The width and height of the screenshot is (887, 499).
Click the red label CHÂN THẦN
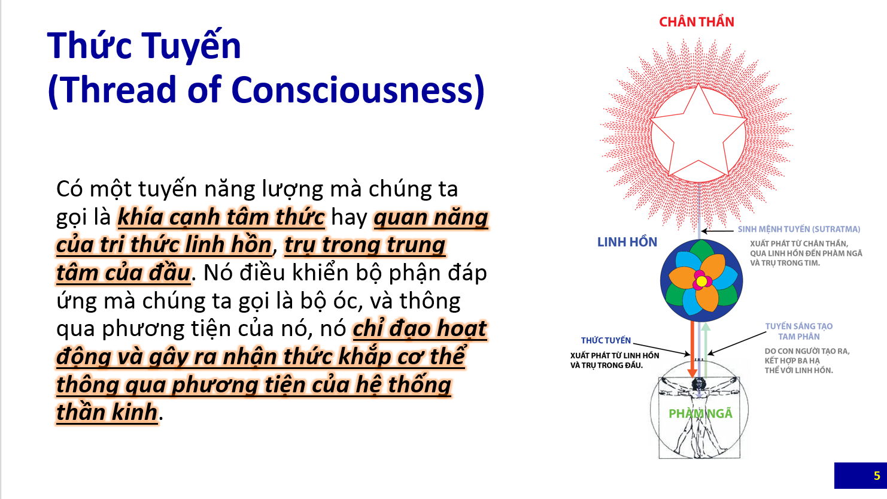pyautogui.click(x=697, y=22)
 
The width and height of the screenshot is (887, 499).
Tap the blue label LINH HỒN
pyautogui.click(x=627, y=242)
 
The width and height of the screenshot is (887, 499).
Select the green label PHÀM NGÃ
pyautogui.click(x=700, y=413)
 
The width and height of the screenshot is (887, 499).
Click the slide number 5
pyautogui.click(x=877, y=476)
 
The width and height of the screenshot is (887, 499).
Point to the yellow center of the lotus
pyautogui.click(x=701, y=281)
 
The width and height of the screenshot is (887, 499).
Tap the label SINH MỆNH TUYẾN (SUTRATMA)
pyautogui.click(x=798, y=229)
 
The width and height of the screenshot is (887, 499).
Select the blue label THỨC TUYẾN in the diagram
pyautogui.click(x=606, y=340)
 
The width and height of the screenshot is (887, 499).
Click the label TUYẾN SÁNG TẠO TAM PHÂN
pyautogui.click(x=798, y=331)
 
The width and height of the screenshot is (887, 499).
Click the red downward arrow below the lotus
pyautogui.click(x=692, y=349)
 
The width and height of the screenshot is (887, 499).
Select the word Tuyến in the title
pyautogui.click(x=192, y=46)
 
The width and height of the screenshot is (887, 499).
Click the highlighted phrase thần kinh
pyautogui.click(x=107, y=412)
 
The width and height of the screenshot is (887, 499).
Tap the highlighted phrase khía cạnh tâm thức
pyautogui.click(x=221, y=217)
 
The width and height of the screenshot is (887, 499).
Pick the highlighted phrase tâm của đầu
pyautogui.click(x=123, y=273)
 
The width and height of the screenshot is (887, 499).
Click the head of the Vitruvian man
pyautogui.click(x=698, y=383)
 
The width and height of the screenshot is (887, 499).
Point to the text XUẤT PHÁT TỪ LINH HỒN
pyautogui.click(x=615, y=355)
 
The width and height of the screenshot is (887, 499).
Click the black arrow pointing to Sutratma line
pyautogui.click(x=717, y=231)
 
